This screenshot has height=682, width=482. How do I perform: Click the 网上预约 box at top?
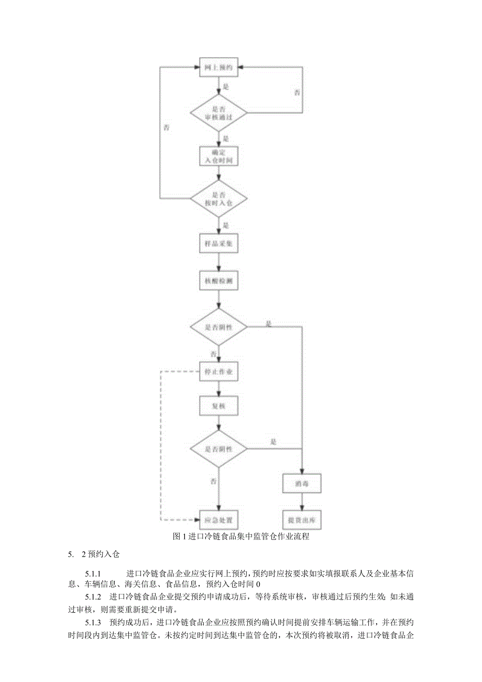pos(219,68)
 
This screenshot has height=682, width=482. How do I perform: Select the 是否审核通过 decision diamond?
pos(218,113)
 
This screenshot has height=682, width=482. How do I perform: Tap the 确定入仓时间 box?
pos(219,156)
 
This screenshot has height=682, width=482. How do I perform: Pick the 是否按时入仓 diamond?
pos(218,199)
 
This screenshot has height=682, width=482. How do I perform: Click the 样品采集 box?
pos(219,243)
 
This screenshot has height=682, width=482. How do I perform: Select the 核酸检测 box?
pos(219,281)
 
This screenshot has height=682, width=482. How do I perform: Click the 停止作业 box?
pos(219,373)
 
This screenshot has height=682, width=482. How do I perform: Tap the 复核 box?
pos(219,405)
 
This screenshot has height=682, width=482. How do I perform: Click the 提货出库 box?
pos(301,520)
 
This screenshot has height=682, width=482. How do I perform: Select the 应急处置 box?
pos(219,520)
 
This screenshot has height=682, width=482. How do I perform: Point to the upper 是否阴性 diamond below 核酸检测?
pos(218,327)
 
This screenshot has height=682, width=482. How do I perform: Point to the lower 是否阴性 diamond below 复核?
pos(218,448)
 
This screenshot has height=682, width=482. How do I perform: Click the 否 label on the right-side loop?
pos(297,92)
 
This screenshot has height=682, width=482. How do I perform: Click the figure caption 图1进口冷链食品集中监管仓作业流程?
pos(240,536)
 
